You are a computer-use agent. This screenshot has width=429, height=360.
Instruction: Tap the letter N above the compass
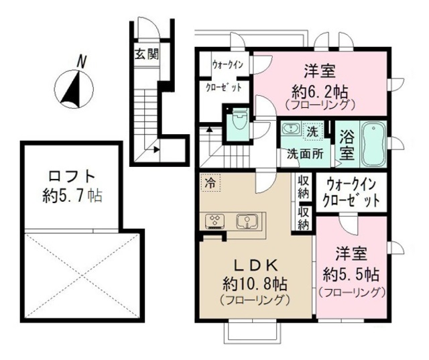(x=81, y=61)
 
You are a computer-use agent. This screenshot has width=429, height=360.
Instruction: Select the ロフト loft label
(x=71, y=178)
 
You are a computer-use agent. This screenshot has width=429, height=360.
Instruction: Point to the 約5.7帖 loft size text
(x=71, y=196)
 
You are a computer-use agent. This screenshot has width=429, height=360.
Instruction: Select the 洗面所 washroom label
(x=305, y=153)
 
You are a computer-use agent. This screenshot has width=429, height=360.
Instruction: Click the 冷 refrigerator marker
(x=210, y=181)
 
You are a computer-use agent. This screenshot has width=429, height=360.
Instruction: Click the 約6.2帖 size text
(x=319, y=90)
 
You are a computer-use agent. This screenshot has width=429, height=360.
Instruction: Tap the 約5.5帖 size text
(x=351, y=274)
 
